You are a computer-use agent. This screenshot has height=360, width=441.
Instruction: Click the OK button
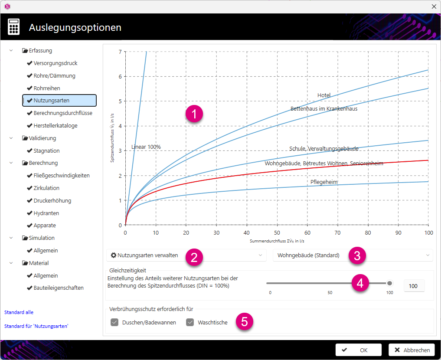point(358,350)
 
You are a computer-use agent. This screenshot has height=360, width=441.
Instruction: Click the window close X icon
point(434,7)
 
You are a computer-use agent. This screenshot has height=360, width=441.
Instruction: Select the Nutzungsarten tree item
point(59,100)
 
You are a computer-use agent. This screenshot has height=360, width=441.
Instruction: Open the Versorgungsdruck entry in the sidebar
point(55,63)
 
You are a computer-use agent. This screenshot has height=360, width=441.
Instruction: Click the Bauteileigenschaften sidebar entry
point(59,288)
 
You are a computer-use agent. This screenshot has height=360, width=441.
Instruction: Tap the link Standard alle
point(19,312)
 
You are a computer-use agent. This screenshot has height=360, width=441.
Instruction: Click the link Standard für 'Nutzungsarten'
point(36,326)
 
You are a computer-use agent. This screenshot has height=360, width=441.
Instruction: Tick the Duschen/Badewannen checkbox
point(114,322)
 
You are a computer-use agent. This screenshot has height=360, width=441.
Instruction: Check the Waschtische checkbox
point(190,322)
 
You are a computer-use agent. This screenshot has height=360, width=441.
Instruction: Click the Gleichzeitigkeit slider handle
point(389,283)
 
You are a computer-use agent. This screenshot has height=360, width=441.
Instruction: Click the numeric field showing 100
point(414,286)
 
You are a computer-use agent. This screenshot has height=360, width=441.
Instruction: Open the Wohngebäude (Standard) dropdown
point(353,255)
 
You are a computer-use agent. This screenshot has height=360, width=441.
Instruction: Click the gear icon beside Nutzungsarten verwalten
point(114,255)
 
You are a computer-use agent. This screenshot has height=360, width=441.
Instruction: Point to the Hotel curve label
point(324,95)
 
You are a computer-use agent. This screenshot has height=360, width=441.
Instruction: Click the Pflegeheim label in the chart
point(324,182)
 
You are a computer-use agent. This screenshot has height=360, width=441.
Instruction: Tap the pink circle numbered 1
point(194,114)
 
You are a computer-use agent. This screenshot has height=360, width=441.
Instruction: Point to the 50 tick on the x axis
point(277,233)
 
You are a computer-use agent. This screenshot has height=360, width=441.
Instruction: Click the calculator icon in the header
point(14,27)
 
